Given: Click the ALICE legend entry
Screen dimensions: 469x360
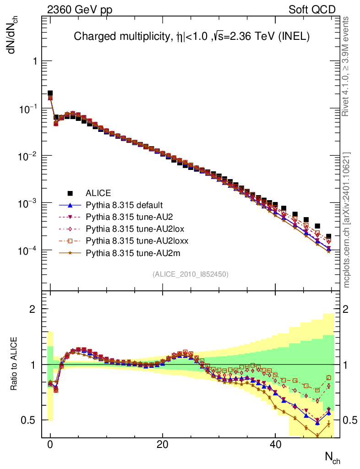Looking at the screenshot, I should pyautogui.click(x=98, y=193).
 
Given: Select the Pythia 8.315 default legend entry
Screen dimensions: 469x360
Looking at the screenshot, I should pyautogui.click(x=124, y=205).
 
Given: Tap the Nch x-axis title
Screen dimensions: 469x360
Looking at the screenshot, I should pyautogui.click(x=333, y=457).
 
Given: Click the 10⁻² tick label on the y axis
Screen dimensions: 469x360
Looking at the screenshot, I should pyautogui.click(x=27, y=156).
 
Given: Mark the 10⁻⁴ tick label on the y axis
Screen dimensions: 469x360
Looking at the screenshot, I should pyautogui.click(x=27, y=251).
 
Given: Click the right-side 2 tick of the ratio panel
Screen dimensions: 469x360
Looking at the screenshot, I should pyautogui.click(x=349, y=309).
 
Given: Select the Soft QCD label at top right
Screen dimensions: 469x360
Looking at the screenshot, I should pyautogui.click(x=312, y=10).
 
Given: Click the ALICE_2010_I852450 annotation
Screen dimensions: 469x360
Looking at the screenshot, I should pyautogui.click(x=191, y=274).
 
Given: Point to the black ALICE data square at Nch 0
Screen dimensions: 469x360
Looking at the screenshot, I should pyautogui.click(x=50, y=93).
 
